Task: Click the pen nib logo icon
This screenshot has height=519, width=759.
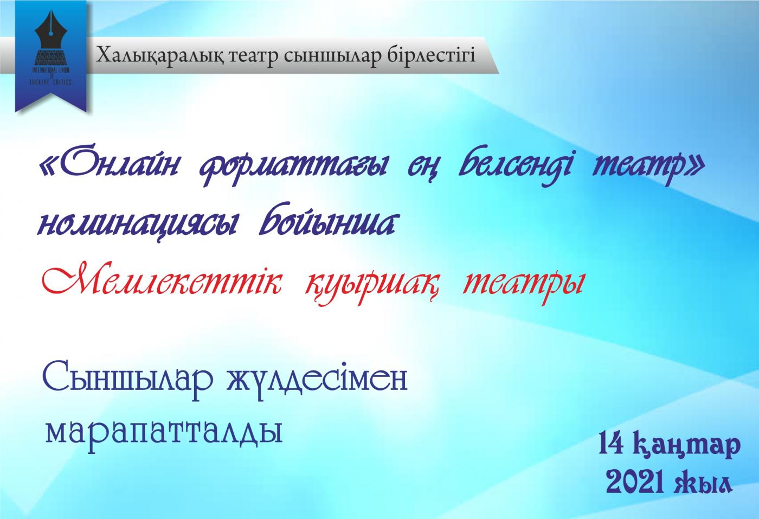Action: tap(51, 39)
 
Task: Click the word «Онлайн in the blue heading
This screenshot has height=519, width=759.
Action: tap(109, 166)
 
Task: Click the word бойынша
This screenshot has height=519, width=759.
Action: tap(326, 220)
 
